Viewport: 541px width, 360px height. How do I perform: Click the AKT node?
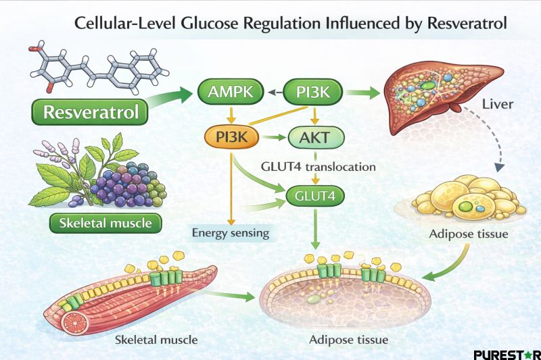[x=316, y=137]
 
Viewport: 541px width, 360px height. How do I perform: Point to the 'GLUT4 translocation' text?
[x=318, y=165]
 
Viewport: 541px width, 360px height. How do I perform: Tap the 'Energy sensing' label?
[x=230, y=234]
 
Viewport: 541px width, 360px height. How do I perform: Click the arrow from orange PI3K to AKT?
[x=272, y=137]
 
